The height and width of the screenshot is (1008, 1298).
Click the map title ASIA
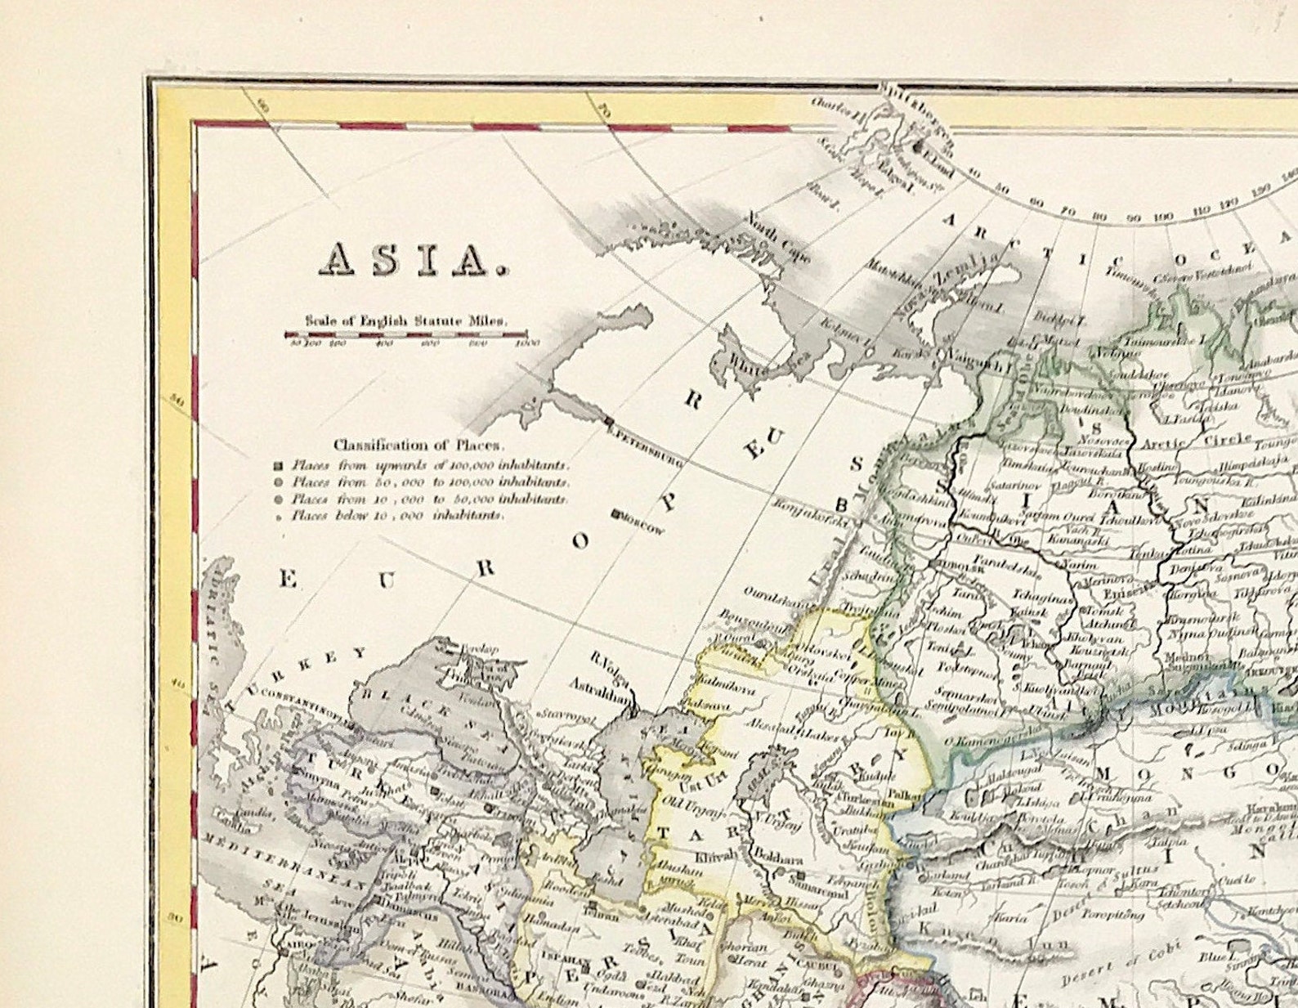click(413, 259)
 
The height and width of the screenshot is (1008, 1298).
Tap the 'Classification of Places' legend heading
click(418, 446)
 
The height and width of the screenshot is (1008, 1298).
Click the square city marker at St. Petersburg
click(609, 422)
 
